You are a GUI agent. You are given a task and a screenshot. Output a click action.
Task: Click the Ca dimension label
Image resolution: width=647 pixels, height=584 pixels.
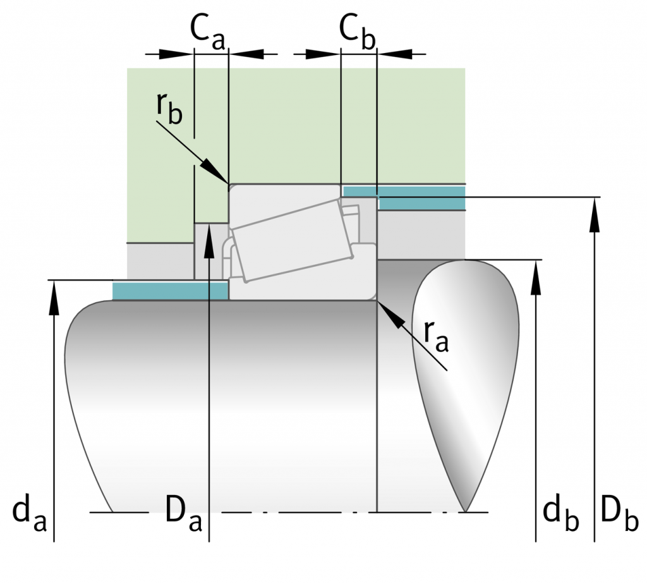[207, 33]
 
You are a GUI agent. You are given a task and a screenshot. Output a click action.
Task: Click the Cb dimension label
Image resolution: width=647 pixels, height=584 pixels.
[358, 33]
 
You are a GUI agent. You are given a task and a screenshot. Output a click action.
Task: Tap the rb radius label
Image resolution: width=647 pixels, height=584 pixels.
[169, 109]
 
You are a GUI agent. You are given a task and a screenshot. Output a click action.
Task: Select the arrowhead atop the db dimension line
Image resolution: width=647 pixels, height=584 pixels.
[536, 277]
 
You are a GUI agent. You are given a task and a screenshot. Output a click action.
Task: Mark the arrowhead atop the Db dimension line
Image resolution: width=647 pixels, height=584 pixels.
[595, 215]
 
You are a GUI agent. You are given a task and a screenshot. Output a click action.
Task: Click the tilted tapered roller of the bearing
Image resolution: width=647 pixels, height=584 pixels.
[292, 241]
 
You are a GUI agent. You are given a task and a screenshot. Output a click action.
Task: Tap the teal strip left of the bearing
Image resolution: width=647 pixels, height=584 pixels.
[170, 291]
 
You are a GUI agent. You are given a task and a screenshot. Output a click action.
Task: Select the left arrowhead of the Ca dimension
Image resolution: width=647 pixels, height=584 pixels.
[176, 54]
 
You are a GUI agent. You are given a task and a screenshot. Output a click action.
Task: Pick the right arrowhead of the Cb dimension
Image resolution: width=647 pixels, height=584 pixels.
[394, 54]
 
